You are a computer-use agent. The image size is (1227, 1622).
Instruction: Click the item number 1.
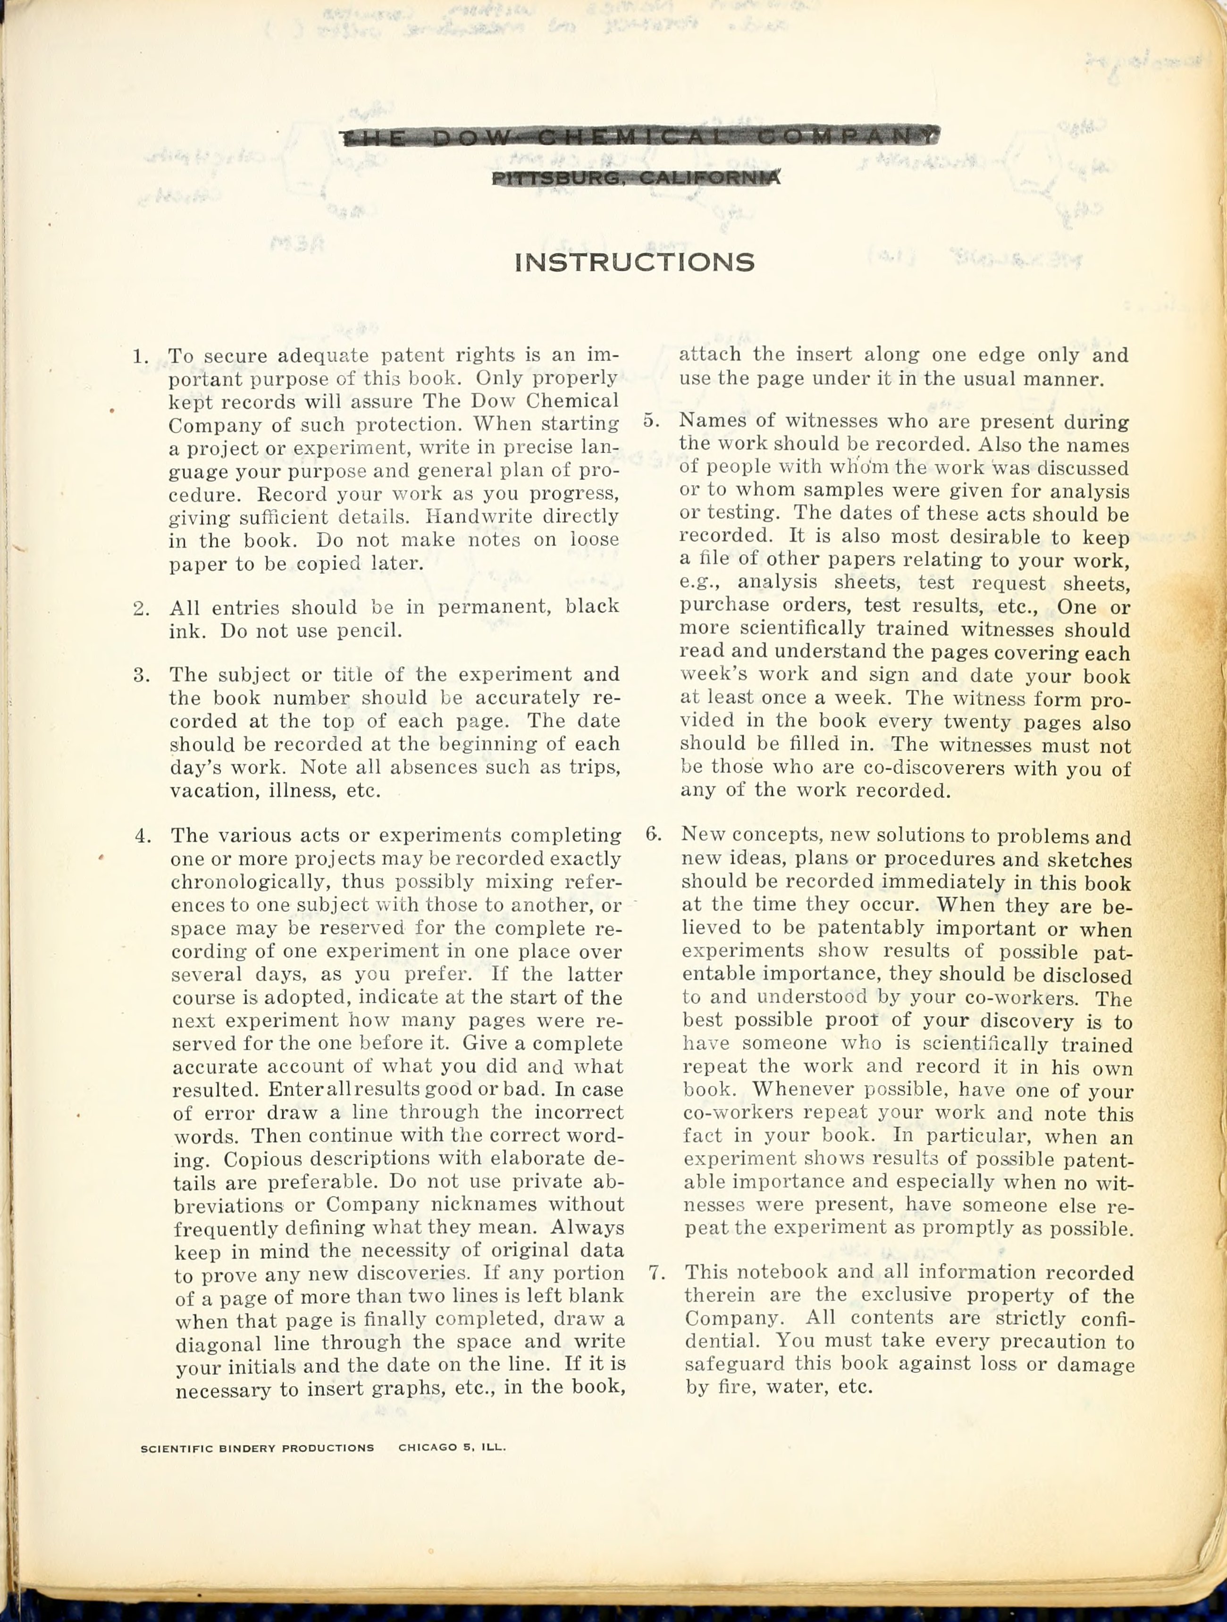[140, 357]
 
